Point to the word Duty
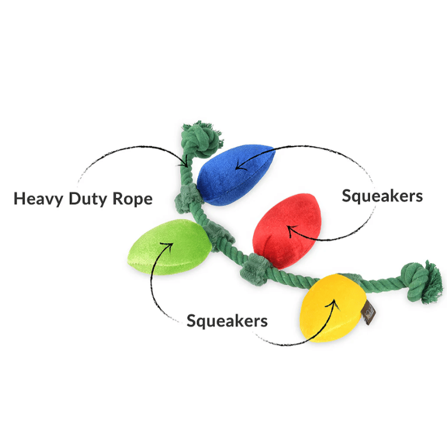click(91, 199)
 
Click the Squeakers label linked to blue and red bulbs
click(382, 196)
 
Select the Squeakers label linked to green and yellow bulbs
click(227, 321)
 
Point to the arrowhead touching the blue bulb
click(238, 165)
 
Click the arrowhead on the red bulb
click(289, 227)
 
